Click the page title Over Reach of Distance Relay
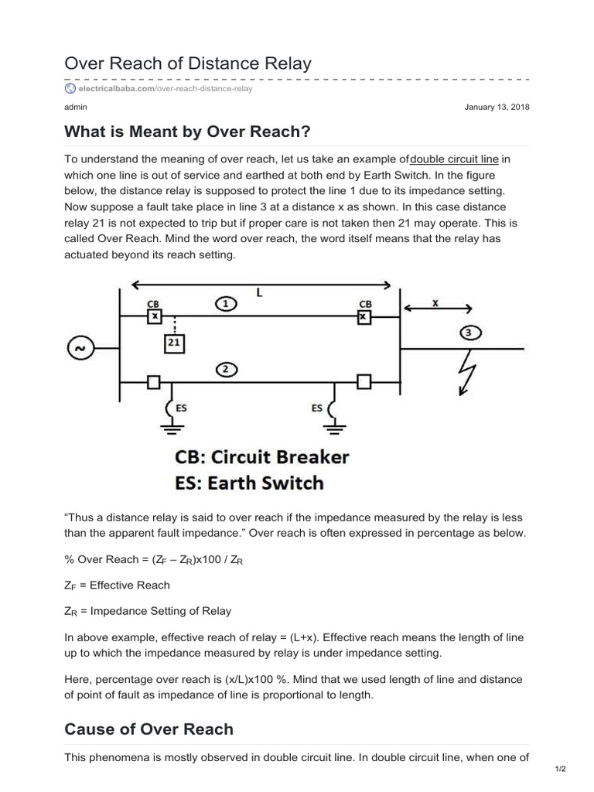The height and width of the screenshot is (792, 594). tap(188, 63)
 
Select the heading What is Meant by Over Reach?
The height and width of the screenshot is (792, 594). tap(187, 132)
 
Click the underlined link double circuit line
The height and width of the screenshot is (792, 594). tap(454, 159)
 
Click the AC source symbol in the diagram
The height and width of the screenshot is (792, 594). tap(79, 349)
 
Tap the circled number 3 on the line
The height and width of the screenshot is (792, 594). tap(469, 333)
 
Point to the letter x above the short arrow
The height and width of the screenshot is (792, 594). tap(435, 304)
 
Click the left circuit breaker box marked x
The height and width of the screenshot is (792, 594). tap(155, 317)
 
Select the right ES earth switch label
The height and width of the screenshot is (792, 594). tap(317, 408)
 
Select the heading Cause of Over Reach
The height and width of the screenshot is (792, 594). tap(148, 729)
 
